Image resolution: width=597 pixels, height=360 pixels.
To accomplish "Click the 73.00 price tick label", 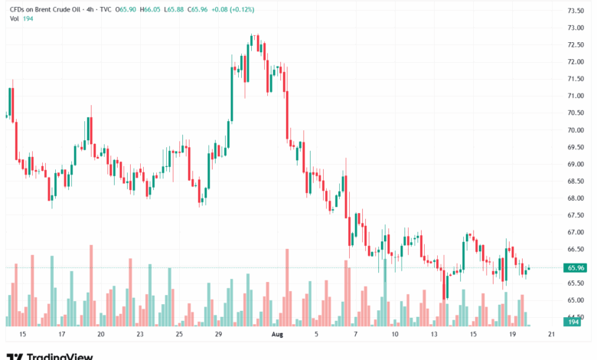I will point(576,28).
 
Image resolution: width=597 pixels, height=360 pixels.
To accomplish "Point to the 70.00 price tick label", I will point(576,130).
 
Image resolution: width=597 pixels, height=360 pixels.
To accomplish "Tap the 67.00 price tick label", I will point(576,232).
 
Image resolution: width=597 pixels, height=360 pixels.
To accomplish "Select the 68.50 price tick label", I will point(576,182).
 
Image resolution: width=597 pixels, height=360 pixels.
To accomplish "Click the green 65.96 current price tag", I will point(576,268).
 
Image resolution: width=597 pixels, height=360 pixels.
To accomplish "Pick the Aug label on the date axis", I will point(277,335).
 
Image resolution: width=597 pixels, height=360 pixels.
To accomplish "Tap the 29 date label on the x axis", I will point(218,335).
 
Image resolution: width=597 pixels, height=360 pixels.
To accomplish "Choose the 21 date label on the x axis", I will point(551,335).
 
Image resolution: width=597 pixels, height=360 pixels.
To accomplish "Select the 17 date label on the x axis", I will point(61,335).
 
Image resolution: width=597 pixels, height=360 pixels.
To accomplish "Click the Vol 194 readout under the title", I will point(18,19).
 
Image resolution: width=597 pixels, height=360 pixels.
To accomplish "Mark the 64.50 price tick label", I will point(576,317).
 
